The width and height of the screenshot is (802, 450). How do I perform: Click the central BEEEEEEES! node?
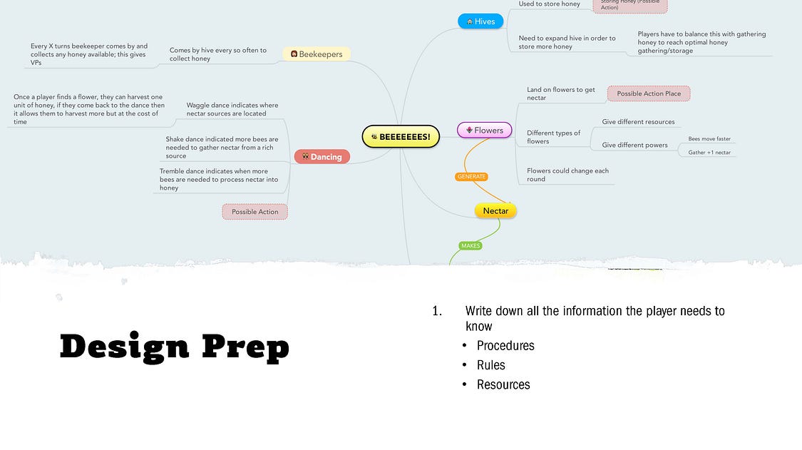401,136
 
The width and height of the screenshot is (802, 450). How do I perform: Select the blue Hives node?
480,21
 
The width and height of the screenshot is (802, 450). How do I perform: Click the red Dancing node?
322,157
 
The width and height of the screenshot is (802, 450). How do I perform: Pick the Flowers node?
484,131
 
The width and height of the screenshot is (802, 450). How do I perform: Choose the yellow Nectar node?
495,211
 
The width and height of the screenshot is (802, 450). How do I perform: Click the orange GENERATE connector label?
471,177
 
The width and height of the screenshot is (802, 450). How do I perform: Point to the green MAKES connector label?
471,246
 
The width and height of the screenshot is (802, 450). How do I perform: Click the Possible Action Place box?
649,93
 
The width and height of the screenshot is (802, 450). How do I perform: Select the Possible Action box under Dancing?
255,212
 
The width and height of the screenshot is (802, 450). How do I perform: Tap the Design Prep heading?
175,347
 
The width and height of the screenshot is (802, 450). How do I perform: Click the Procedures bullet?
505,346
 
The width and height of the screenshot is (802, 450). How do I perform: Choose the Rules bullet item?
491,365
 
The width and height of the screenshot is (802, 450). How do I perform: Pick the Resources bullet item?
503,384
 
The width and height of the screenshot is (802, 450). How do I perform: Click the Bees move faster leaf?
709,139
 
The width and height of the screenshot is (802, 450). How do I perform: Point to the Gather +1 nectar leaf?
709,153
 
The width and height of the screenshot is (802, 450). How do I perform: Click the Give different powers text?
634,145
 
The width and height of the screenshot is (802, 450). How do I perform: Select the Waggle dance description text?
232,109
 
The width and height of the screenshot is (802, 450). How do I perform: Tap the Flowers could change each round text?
567,175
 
